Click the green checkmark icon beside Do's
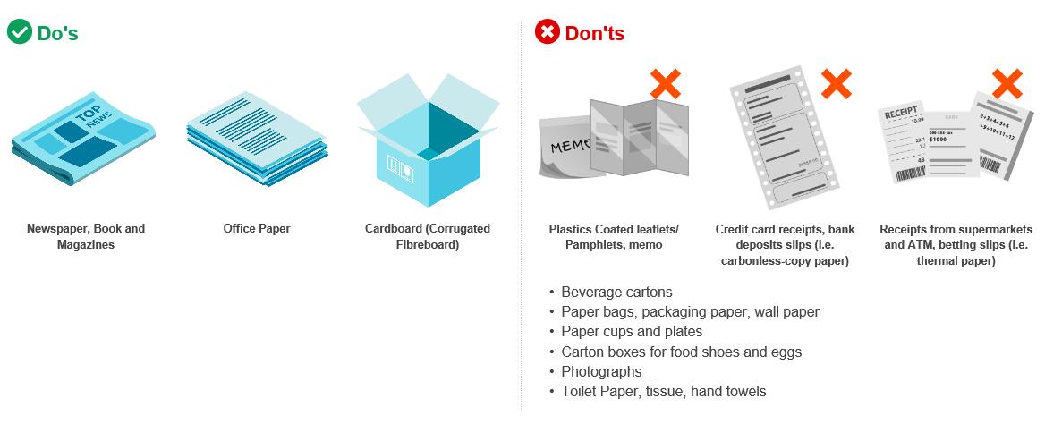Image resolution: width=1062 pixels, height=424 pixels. tap(20, 31)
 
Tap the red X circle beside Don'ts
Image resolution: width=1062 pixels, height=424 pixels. tap(548, 31)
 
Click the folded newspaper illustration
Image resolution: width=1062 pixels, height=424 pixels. tap(82, 138)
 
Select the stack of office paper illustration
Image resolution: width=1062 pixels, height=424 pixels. tap(257, 139)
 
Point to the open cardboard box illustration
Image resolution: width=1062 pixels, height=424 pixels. tap(428, 140)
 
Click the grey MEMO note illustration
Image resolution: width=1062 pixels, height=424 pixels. tap(567, 147)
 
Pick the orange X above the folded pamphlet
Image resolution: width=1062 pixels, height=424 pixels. tap(666, 84)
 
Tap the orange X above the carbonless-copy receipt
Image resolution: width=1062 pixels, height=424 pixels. tap(836, 84)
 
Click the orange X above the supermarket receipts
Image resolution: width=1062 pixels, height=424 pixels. tap(1007, 84)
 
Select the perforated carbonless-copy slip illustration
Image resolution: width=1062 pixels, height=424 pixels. tap(785, 138)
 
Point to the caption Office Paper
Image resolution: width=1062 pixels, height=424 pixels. tap(257, 229)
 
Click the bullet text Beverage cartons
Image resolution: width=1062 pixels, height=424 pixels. tap(616, 292)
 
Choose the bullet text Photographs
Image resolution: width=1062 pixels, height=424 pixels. tap(601, 372)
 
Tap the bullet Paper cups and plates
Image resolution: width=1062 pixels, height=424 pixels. tap(632, 332)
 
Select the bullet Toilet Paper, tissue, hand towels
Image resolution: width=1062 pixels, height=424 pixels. tap(663, 392)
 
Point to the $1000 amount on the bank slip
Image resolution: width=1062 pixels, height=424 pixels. tap(938, 139)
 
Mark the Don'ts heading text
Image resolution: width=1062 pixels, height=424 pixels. tap(595, 32)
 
